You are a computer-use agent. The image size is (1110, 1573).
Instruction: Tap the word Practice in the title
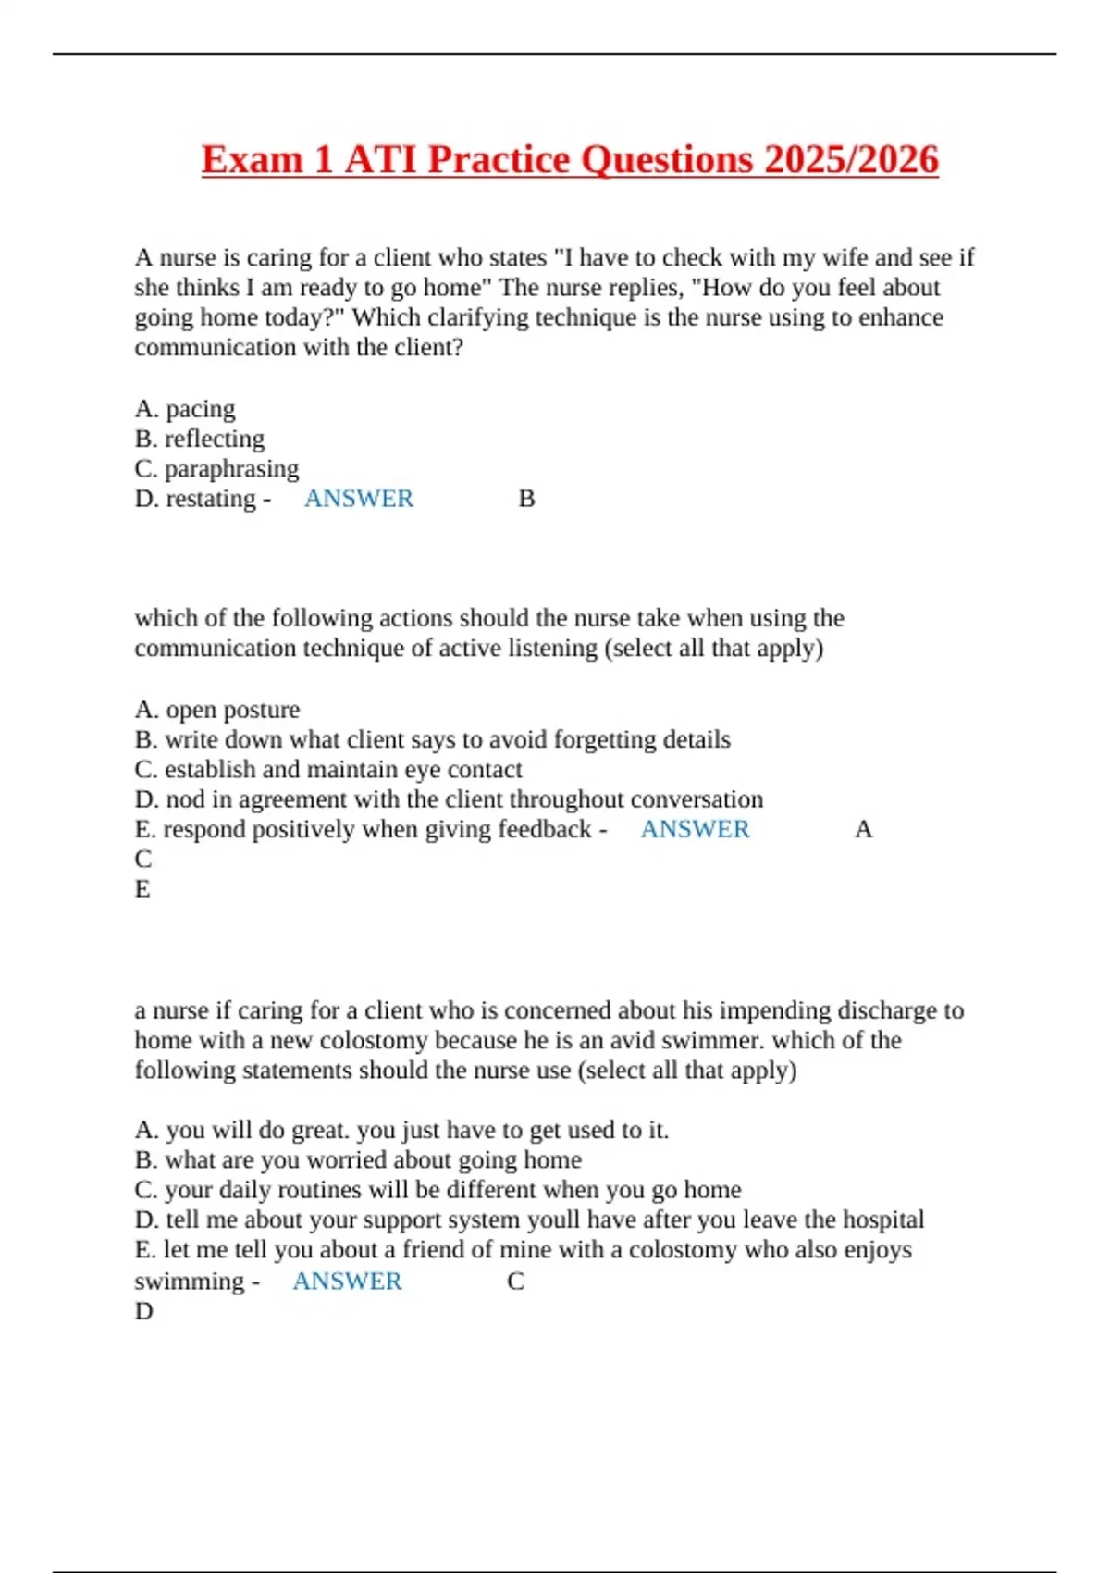tap(499, 159)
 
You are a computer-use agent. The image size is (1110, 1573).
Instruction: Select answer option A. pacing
tap(185, 409)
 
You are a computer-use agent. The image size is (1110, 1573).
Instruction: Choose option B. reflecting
tap(200, 439)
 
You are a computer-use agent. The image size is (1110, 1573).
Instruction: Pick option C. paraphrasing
tap(216, 468)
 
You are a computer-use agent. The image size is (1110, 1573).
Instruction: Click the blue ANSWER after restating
tap(359, 499)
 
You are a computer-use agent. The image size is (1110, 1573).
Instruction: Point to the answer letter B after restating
tap(526, 499)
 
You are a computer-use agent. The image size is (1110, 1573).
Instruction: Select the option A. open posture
tap(217, 710)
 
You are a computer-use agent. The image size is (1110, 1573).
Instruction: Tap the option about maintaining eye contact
tap(328, 770)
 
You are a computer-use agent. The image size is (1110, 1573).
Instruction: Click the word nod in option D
tap(185, 799)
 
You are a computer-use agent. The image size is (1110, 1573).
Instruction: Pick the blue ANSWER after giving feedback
tap(696, 829)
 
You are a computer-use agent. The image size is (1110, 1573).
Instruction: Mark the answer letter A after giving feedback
tap(863, 829)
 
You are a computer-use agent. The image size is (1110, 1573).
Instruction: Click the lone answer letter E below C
tap(142, 889)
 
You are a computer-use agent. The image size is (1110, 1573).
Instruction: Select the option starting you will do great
tap(401, 1130)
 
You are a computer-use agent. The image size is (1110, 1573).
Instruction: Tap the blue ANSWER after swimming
tap(348, 1282)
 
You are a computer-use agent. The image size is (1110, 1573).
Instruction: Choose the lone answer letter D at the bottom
tap(143, 1311)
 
